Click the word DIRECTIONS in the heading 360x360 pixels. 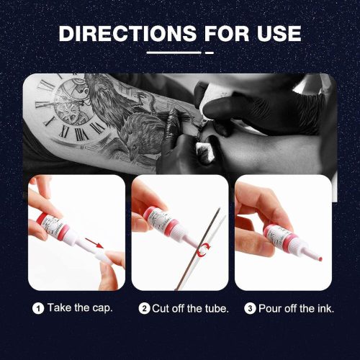(127, 33)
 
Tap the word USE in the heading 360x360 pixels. (279, 33)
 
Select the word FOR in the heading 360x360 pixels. (227, 33)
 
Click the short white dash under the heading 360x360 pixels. (210, 53)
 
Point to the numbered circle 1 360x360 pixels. (38, 308)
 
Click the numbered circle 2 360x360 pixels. (144, 308)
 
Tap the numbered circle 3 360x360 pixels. (250, 308)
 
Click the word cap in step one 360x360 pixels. (102, 309)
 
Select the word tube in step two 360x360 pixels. (216, 308)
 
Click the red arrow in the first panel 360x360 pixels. (94, 243)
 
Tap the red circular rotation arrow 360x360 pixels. (203, 250)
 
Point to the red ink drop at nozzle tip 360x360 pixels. (320, 258)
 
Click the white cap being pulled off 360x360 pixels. (104, 258)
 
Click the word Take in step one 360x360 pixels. (59, 308)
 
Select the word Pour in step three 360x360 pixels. (270, 308)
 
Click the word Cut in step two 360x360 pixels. (161, 308)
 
